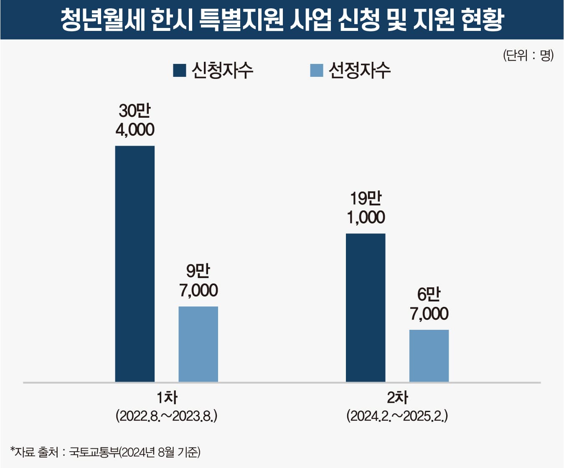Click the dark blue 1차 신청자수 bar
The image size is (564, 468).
[135, 263]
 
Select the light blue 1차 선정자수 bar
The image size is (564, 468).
[198, 344]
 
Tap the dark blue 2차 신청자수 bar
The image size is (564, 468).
[366, 307]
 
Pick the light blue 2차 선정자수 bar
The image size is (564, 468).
[429, 356]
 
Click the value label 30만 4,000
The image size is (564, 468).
[135, 120]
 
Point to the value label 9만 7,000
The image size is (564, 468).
[198, 281]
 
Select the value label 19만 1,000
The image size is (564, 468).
[366, 208]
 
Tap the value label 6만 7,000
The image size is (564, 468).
[429, 304]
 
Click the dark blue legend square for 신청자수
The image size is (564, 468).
[180, 71]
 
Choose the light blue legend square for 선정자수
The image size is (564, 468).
[316, 71]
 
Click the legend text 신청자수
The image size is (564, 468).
[222, 70]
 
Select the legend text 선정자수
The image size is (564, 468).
[359, 70]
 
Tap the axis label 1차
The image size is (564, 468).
[167, 397]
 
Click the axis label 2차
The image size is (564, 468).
[397, 397]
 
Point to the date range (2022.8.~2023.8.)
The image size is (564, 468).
[167, 416]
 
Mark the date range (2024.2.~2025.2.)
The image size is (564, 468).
[397, 416]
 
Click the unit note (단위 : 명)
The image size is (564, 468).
[528, 55]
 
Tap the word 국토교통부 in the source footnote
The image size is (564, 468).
[94, 452]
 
